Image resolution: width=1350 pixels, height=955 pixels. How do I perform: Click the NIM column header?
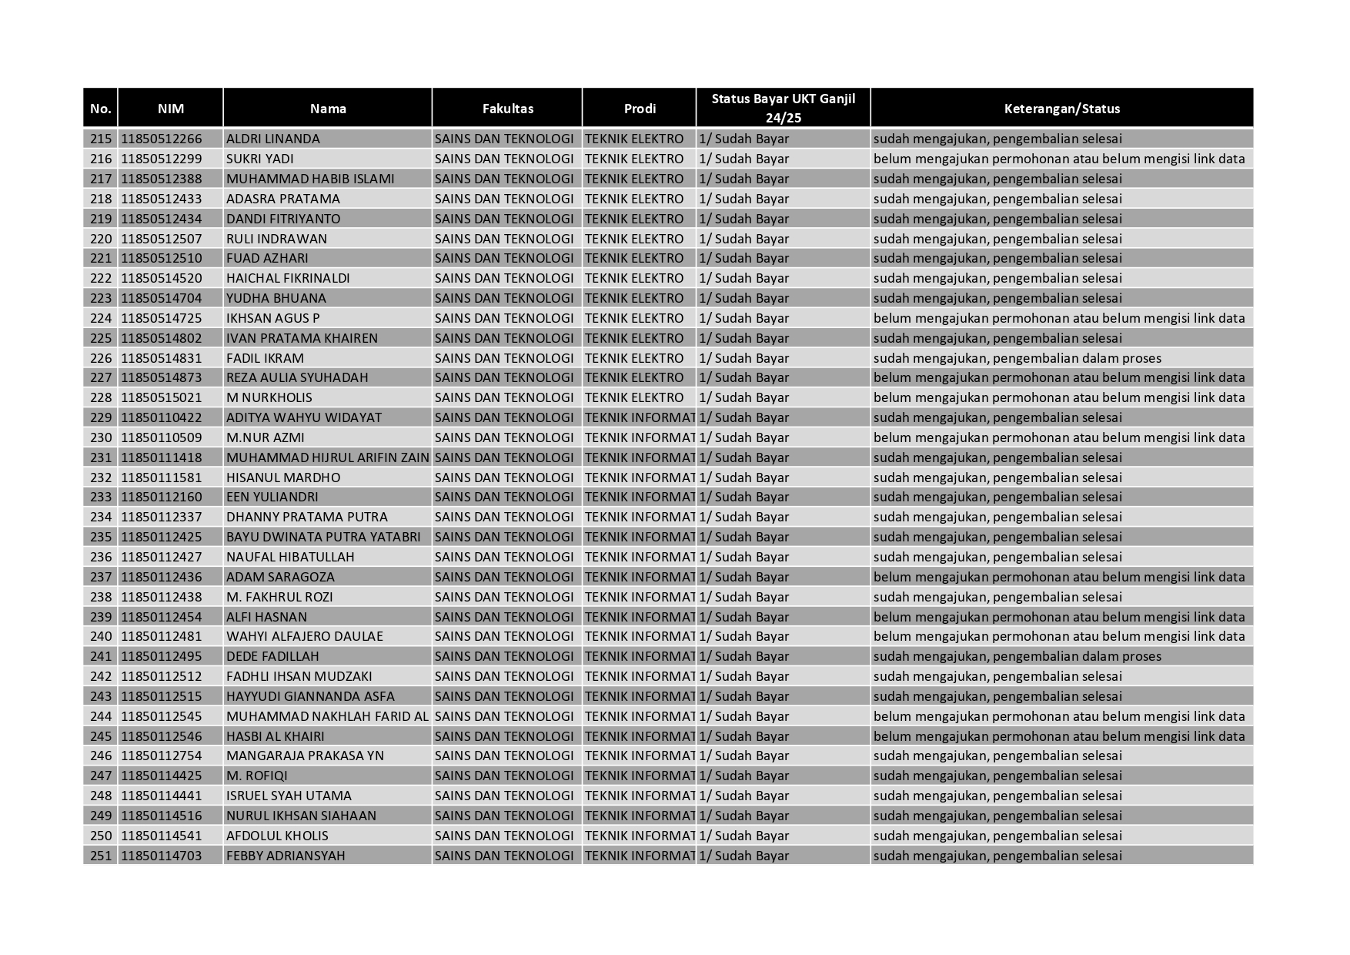[x=170, y=109]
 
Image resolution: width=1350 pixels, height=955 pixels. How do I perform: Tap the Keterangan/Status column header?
[x=1061, y=109]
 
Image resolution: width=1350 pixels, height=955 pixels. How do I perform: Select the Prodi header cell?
[x=639, y=109]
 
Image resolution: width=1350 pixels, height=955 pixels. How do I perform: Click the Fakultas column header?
[x=507, y=109]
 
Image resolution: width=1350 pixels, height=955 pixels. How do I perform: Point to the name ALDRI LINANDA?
[x=272, y=139]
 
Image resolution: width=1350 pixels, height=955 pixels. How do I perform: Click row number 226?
[x=101, y=358]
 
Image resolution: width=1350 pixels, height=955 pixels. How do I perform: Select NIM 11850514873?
[x=161, y=377]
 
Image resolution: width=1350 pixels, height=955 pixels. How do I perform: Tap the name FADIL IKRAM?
[x=265, y=358]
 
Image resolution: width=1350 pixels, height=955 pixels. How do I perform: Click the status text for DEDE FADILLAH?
[x=1017, y=656]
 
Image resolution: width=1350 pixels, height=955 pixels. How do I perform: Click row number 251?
[x=101, y=856]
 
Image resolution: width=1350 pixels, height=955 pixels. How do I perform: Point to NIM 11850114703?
[x=161, y=856]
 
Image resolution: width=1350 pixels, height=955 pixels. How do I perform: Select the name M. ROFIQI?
[x=256, y=776]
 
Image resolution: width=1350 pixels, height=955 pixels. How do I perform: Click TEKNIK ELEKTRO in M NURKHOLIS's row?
[x=633, y=397]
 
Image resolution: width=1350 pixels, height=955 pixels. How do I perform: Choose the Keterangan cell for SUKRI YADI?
[x=1058, y=159]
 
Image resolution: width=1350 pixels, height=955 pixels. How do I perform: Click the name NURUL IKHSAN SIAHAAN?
[x=301, y=816]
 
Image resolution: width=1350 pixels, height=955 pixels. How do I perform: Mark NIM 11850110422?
[x=161, y=417]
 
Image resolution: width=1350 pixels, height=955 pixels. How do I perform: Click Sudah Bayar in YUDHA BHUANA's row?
[x=744, y=298]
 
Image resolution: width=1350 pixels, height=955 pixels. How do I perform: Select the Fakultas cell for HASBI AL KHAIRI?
[x=504, y=736]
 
